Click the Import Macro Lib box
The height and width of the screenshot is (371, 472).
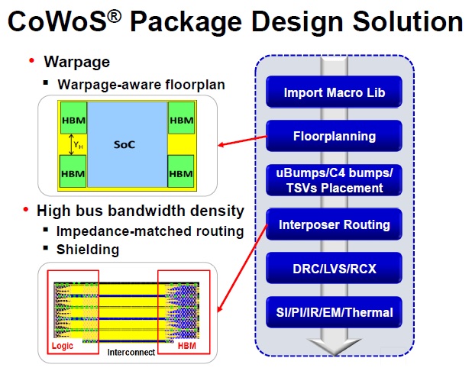tap(334, 92)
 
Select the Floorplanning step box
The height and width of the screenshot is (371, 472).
tap(334, 136)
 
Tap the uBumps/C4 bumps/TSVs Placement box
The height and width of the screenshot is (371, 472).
tap(334, 180)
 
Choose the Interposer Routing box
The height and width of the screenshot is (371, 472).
tap(334, 224)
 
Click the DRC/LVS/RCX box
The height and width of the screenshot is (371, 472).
tap(334, 269)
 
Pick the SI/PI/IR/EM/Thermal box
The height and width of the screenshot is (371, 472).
tap(334, 312)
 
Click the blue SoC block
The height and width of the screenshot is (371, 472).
tap(128, 144)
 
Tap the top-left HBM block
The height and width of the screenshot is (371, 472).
tap(74, 118)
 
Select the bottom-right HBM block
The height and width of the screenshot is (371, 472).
tap(180, 171)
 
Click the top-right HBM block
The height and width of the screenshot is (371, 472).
tap(181, 118)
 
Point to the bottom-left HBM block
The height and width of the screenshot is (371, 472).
tap(73, 171)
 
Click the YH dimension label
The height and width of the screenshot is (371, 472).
tap(78, 145)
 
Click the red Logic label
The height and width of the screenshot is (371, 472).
tap(63, 346)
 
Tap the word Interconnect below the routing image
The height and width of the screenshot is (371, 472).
tap(131, 353)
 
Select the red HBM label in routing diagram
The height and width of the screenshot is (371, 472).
tap(186, 346)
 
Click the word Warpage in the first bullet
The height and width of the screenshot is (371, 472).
tap(77, 63)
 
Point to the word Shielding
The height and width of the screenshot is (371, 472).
tap(88, 250)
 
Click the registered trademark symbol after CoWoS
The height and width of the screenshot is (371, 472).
tap(114, 16)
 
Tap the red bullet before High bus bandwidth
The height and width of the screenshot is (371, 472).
tap(26, 209)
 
